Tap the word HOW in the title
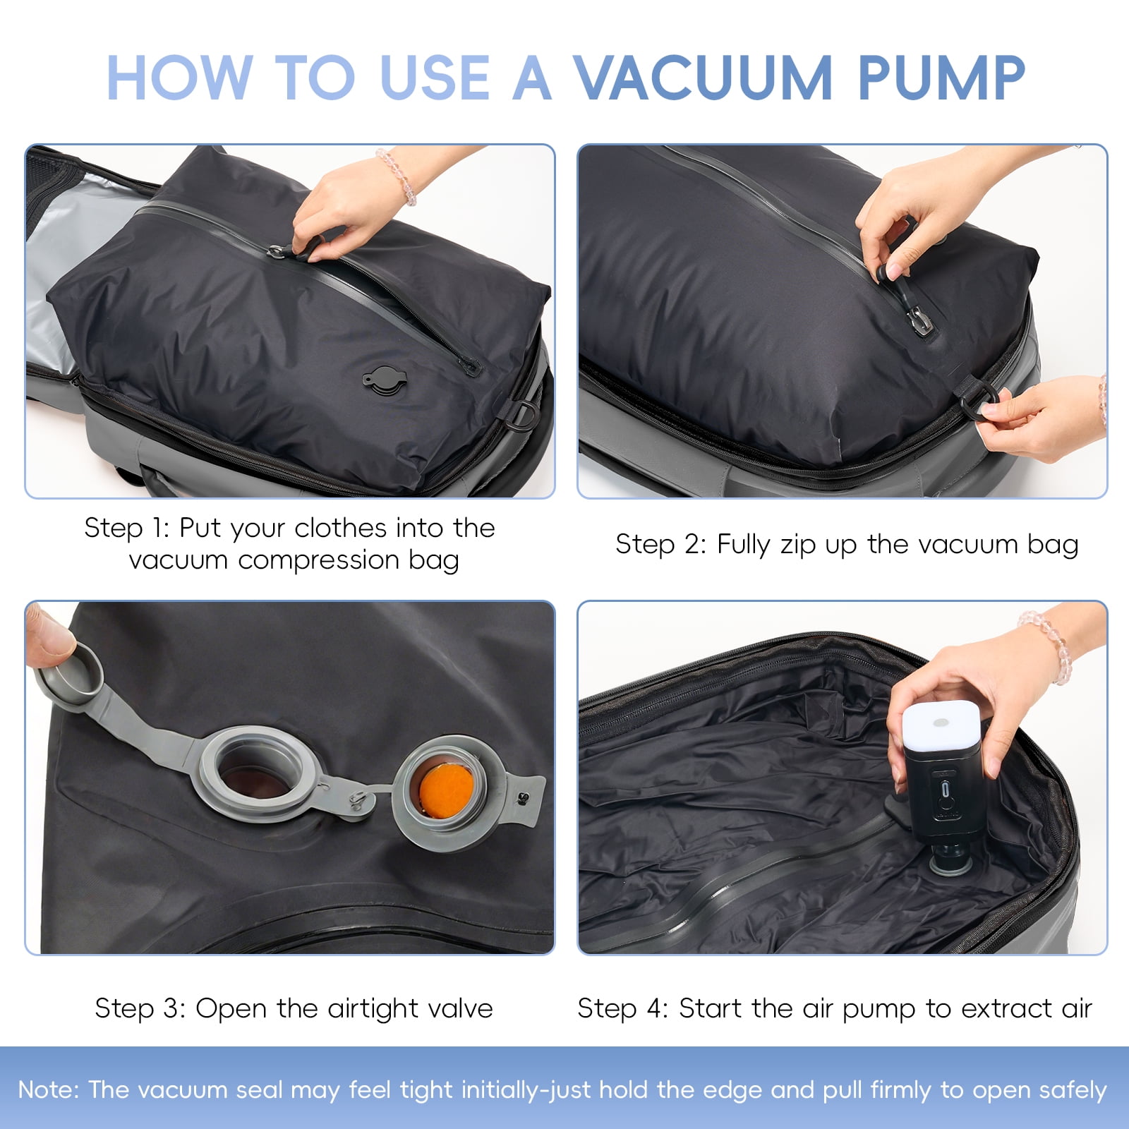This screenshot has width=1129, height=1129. (179, 78)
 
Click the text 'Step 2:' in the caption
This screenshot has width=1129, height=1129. (660, 545)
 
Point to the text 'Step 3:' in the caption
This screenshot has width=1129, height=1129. (140, 1009)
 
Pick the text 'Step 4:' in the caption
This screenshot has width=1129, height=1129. (623, 1009)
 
